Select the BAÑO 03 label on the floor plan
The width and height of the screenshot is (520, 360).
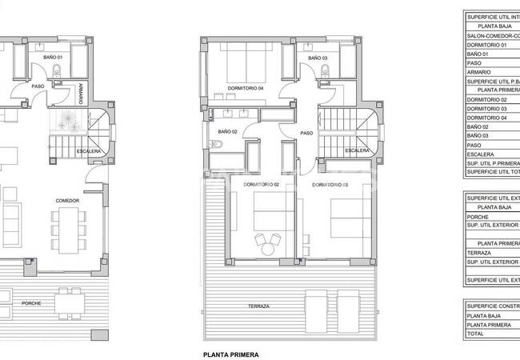coord(318,58)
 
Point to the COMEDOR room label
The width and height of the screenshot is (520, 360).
coord(67,200)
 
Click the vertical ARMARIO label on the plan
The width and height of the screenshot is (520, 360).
coord(82,94)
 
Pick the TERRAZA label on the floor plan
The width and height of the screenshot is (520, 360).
coord(258,307)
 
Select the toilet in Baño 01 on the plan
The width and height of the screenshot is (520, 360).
coord(56,74)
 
